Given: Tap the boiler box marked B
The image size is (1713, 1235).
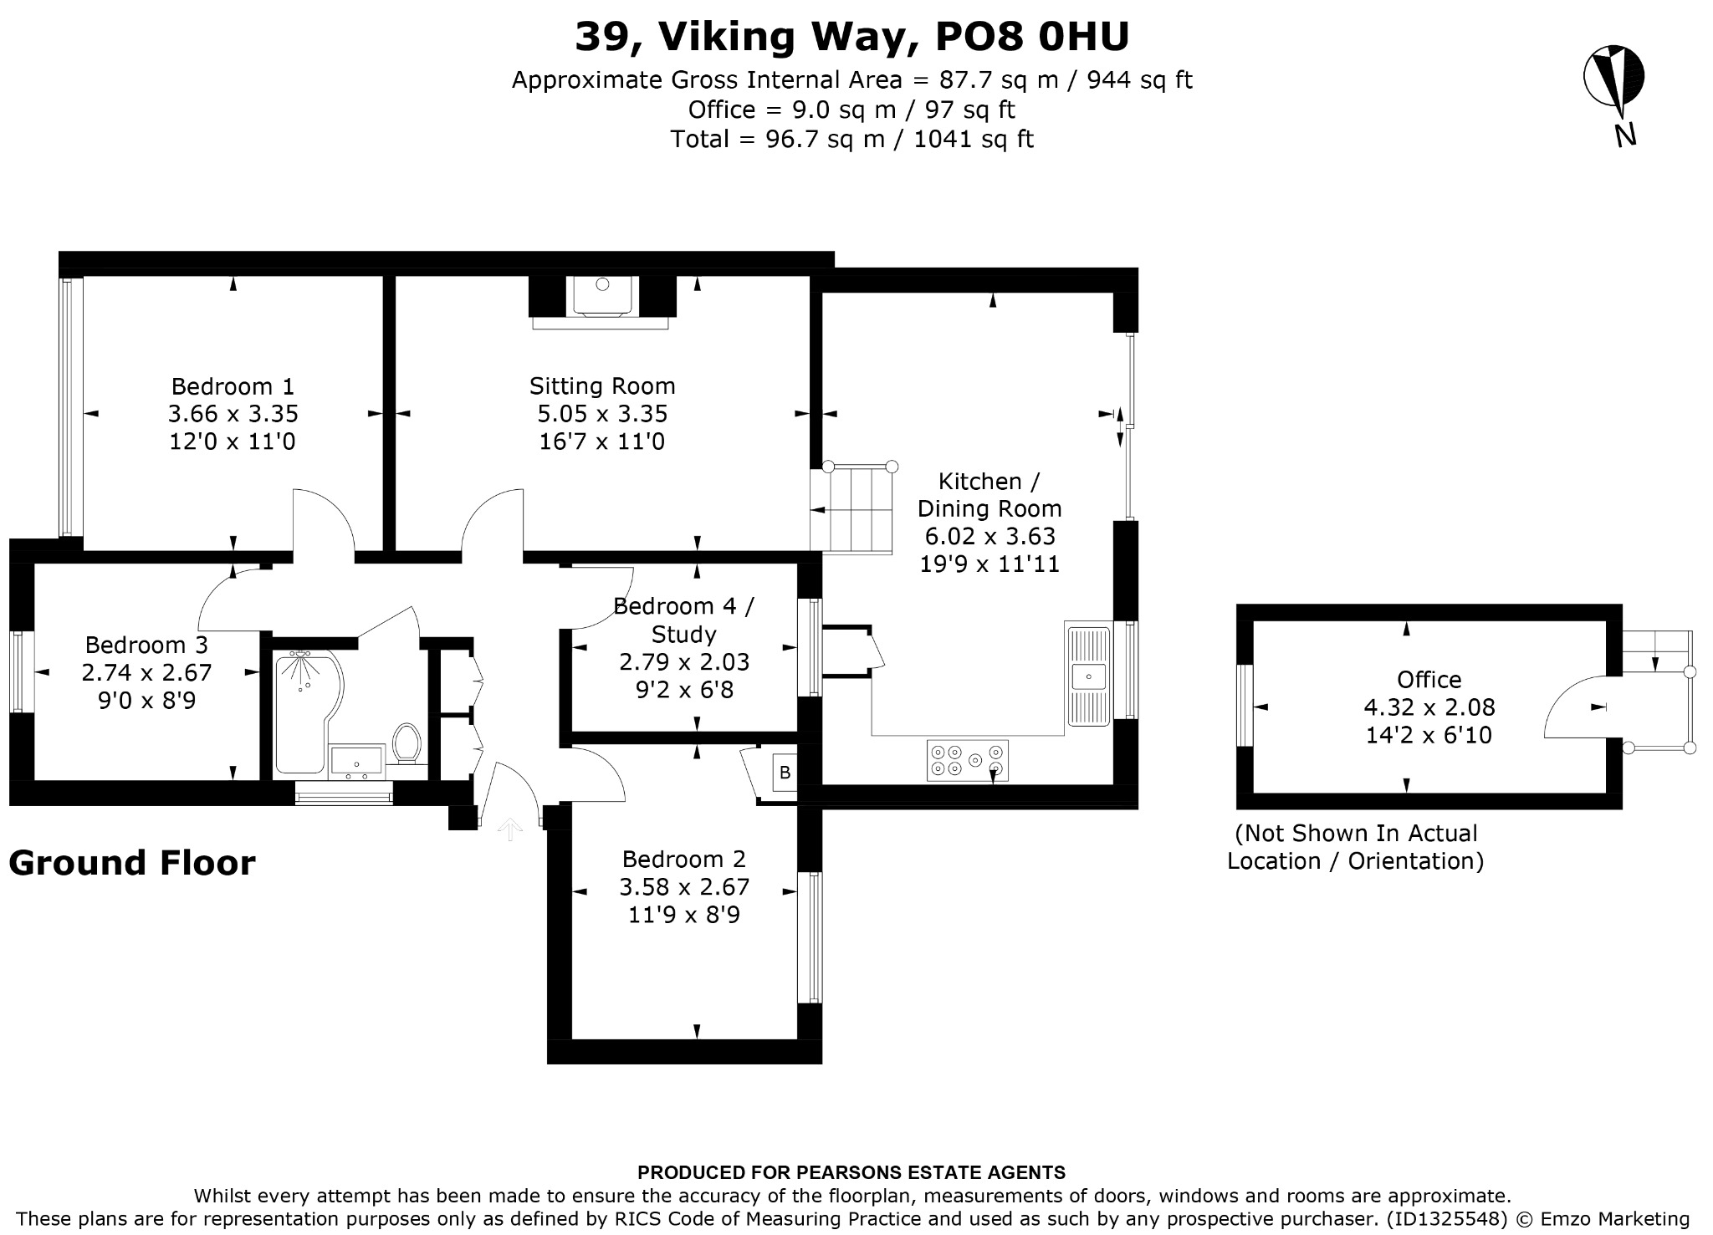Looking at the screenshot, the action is [x=785, y=773].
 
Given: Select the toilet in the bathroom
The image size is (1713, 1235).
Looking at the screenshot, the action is [x=407, y=743].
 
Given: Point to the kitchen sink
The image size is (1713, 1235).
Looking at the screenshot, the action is [x=1087, y=673].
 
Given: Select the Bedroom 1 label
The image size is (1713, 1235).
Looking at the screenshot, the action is [x=233, y=386].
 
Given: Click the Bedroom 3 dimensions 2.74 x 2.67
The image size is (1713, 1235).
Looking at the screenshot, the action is [x=147, y=672].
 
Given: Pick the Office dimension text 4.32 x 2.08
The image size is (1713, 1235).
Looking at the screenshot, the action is [x=1429, y=707].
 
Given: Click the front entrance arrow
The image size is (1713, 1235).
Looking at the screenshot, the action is [x=510, y=829].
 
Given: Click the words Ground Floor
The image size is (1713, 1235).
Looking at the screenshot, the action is [x=132, y=863].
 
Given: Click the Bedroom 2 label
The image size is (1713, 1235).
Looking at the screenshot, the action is [x=683, y=860].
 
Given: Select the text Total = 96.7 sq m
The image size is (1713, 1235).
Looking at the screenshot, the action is [x=778, y=139].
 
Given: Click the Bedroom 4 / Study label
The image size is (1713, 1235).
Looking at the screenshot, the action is [x=683, y=620].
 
